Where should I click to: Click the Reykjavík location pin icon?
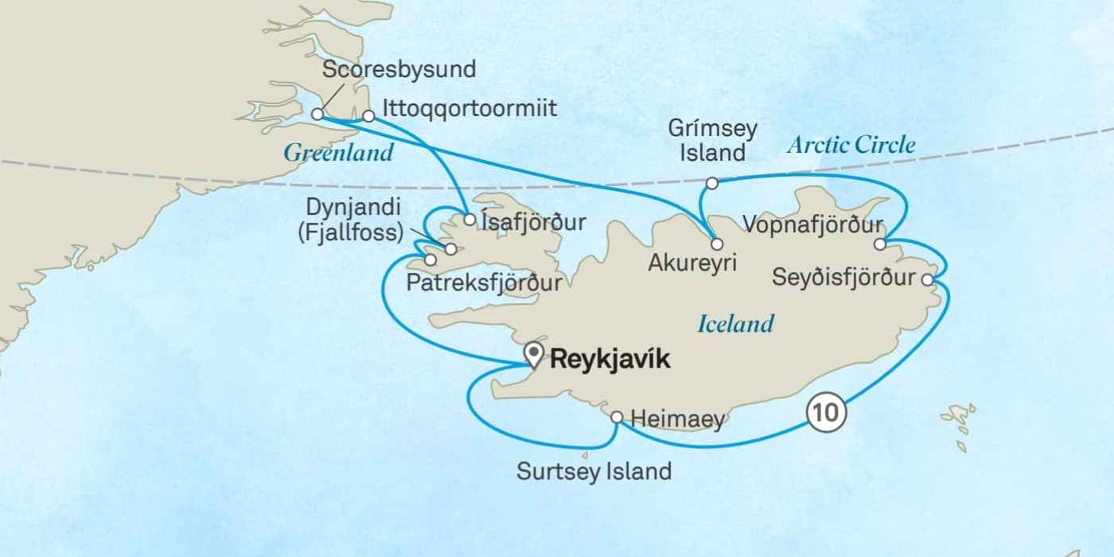(x=533, y=354)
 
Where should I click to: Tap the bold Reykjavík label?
(x=610, y=360)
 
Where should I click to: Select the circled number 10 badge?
(x=825, y=412)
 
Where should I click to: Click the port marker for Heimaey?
(x=617, y=417)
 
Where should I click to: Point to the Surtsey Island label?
(x=594, y=471)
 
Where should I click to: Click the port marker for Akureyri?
(x=717, y=244)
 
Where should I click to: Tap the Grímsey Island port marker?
(x=712, y=183)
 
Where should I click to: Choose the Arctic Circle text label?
(x=851, y=145)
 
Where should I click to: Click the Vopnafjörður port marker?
(x=879, y=243)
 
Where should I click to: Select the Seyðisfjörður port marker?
(x=927, y=279)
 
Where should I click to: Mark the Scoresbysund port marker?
(x=317, y=114)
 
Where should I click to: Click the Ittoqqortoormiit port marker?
(x=368, y=116)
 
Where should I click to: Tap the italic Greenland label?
(x=338, y=153)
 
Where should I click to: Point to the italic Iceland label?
(x=735, y=324)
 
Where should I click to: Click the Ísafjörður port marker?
(x=469, y=220)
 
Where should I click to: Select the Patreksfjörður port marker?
(x=430, y=259)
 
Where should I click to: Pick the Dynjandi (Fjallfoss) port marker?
(x=451, y=249)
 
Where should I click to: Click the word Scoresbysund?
(x=399, y=69)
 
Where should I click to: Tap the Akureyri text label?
(x=692, y=263)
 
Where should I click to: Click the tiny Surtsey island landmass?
(x=585, y=456)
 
